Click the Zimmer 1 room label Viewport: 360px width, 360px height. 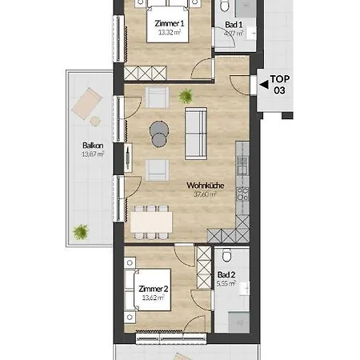click(170, 24)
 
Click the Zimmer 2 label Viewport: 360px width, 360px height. click(152, 289)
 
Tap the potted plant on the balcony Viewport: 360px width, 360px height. click(80, 231)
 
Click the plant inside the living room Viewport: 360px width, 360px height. click(186, 97)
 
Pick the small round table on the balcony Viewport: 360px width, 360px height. click(94, 121)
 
